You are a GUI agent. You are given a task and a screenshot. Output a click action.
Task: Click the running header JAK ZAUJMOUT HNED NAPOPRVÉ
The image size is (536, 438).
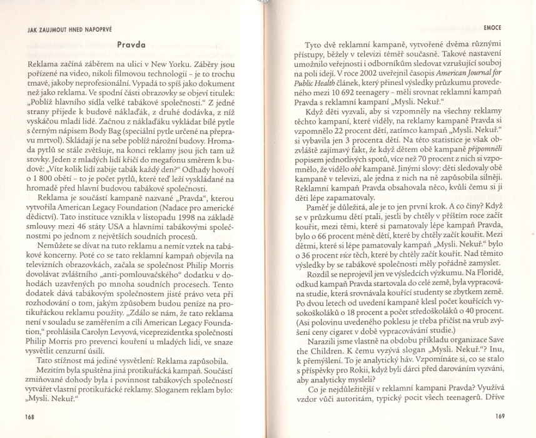click(x=60, y=29)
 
